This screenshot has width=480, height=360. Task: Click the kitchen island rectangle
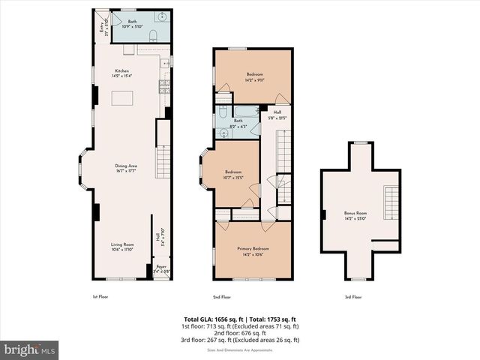coord(122,99)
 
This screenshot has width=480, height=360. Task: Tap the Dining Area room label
coord(125,168)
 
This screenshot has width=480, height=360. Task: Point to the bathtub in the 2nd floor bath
coord(246,111)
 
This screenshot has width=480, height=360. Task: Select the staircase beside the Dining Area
coord(163,159)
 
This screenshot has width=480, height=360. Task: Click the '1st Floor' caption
coord(100,297)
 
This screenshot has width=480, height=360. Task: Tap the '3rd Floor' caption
coord(353,297)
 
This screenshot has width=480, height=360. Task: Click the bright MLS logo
coord(30,349)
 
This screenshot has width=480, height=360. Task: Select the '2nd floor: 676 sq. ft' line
coord(239,333)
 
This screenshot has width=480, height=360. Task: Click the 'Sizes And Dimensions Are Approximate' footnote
coord(239,349)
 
